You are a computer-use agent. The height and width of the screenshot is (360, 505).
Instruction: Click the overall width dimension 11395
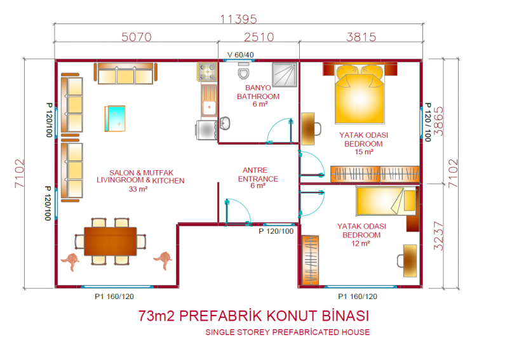(238, 19)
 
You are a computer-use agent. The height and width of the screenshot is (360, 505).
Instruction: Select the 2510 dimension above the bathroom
(259, 37)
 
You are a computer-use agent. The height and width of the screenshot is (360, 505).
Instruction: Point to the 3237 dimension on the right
(439, 236)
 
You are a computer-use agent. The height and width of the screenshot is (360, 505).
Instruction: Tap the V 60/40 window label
(240, 55)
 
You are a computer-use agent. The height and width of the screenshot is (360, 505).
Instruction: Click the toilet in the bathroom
(243, 70)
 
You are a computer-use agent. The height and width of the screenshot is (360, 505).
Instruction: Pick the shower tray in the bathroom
(285, 75)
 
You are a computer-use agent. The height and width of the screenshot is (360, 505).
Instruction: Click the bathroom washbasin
(224, 123)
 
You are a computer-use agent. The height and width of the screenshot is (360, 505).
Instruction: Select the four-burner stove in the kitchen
(207, 72)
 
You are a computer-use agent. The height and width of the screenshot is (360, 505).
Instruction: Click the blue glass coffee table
(115, 119)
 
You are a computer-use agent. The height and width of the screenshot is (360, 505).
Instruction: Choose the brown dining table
(110, 241)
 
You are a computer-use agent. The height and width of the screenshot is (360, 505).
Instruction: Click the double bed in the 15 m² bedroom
(360, 94)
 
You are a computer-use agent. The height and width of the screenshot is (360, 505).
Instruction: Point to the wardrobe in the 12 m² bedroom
(311, 260)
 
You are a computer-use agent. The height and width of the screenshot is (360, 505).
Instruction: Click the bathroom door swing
(279, 130)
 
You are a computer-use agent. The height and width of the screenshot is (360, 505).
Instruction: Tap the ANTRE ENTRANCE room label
(258, 177)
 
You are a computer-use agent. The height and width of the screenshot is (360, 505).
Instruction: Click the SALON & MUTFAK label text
(141, 173)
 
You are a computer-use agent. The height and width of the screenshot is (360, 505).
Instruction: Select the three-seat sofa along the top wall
(125, 74)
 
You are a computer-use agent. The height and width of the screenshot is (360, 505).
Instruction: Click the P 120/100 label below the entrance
(276, 231)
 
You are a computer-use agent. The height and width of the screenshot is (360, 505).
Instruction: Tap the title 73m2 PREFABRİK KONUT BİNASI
(254, 316)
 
